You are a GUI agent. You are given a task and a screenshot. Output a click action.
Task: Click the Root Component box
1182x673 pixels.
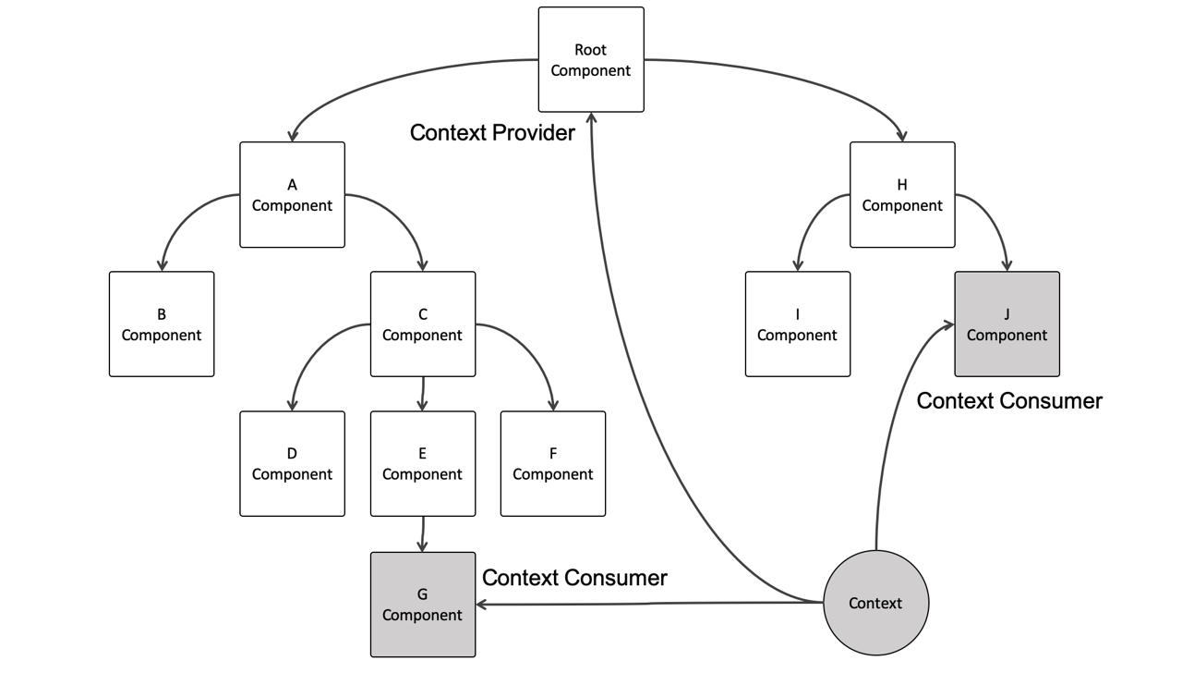(x=591, y=60)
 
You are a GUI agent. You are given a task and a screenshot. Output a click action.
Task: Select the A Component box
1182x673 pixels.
(x=292, y=195)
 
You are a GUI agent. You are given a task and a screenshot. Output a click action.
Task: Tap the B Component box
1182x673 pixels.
(x=162, y=324)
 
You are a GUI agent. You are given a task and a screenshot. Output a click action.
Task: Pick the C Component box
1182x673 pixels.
(x=423, y=324)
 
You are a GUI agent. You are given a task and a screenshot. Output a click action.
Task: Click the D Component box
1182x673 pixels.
(x=292, y=464)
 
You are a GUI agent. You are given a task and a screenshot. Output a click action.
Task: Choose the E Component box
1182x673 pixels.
(x=423, y=464)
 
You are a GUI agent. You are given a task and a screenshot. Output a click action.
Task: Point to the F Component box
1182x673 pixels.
(x=553, y=464)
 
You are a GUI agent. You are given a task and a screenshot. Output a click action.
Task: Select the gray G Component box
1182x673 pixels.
(x=423, y=605)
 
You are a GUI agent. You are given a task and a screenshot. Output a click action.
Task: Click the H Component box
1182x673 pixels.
(x=902, y=195)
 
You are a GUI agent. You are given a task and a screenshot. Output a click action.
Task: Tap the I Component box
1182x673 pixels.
(x=798, y=324)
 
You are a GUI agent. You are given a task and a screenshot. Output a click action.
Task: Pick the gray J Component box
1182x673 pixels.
(x=1007, y=324)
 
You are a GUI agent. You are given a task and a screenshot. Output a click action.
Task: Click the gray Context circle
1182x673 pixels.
(x=875, y=603)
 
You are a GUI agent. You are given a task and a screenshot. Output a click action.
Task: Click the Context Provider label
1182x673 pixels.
(x=492, y=133)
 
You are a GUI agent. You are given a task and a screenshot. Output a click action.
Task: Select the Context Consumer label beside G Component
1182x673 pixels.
(x=574, y=578)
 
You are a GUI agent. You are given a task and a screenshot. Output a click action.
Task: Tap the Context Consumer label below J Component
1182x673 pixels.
(x=1009, y=401)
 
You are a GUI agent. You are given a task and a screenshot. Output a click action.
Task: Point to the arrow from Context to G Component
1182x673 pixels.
(x=646, y=604)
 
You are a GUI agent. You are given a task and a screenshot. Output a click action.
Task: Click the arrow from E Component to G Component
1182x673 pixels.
(x=423, y=534)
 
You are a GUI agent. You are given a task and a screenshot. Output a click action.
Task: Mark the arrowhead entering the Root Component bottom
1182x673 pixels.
(x=591, y=119)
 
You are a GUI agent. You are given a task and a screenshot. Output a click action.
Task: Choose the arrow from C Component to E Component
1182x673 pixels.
(x=423, y=394)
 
